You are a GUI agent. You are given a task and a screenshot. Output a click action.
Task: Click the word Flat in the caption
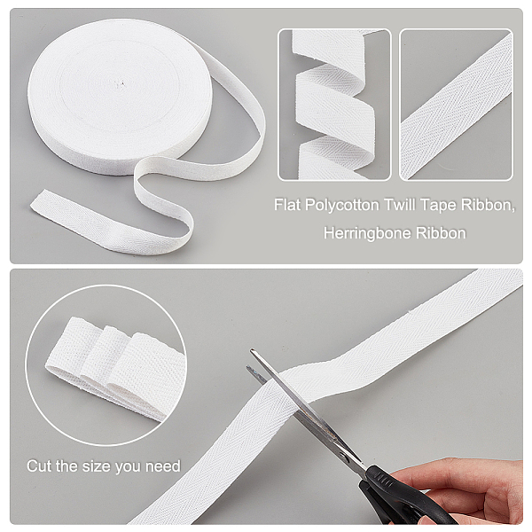point(287,205)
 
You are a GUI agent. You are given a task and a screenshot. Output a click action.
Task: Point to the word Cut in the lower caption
point(40,465)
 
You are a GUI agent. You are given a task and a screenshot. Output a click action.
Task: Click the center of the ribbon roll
point(120,84)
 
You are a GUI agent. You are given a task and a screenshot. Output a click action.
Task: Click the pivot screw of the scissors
point(345,458)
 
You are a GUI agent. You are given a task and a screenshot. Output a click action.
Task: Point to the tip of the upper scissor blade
point(252,350)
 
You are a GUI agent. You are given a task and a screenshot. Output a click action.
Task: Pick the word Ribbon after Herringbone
point(441,233)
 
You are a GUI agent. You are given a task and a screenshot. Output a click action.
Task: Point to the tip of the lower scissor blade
point(248,368)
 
